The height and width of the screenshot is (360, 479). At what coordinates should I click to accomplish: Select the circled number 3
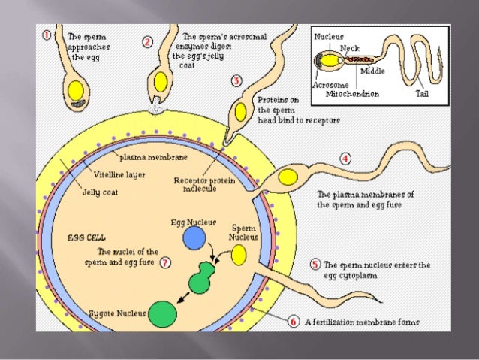coord(236,80)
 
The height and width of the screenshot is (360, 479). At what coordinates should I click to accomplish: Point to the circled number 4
coord(345,159)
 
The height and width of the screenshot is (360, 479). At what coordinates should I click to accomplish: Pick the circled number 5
coord(315,265)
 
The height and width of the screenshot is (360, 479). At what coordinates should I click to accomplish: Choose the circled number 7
coord(164,263)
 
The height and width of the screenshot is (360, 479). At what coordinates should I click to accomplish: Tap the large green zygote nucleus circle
coord(164,312)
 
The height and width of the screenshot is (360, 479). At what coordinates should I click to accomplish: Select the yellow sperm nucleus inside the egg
coord(239,256)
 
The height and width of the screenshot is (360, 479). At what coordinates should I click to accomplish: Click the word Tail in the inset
coord(423,94)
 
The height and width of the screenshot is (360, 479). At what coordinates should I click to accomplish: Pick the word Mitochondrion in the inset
coord(351,94)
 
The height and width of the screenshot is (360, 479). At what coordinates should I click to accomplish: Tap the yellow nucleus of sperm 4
coord(288,177)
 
